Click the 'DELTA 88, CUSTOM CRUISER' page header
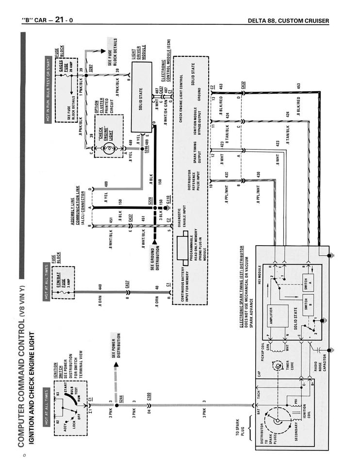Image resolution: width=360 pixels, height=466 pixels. pyautogui.click(x=288, y=20)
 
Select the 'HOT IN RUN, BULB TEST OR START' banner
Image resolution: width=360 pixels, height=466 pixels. pyautogui.click(x=48, y=90)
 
